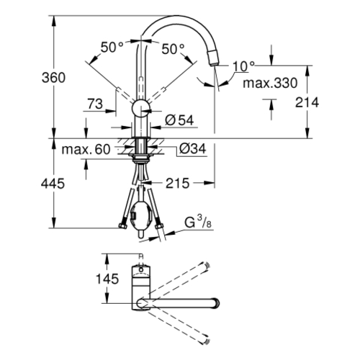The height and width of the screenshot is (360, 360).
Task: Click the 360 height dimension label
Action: pyautogui.click(x=53, y=78)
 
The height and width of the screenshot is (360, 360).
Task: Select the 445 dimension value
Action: pyautogui.click(x=53, y=184)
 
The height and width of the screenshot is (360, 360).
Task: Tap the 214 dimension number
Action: pyautogui.click(x=307, y=102)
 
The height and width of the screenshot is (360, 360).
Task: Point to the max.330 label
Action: pyautogui.click(x=270, y=83)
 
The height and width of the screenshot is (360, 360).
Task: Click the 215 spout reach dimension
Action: pyautogui.click(x=178, y=184)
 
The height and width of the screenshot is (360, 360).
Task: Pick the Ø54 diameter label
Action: pyautogui.click(x=179, y=120)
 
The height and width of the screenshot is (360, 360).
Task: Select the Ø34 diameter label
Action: pyautogui.click(x=193, y=149)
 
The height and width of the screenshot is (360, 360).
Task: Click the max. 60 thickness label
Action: pyautogui.click(x=86, y=149)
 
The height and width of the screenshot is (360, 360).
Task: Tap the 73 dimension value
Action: pyautogui.click(x=95, y=104)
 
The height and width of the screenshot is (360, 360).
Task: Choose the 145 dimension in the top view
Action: pyautogui.click(x=107, y=279)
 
